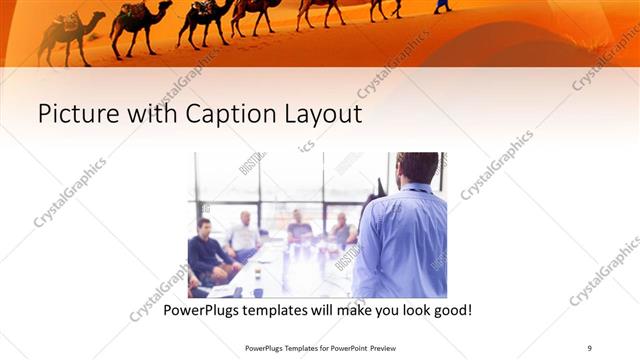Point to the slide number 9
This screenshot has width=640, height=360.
pos(589,347)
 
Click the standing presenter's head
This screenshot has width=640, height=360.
pos(417,170)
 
